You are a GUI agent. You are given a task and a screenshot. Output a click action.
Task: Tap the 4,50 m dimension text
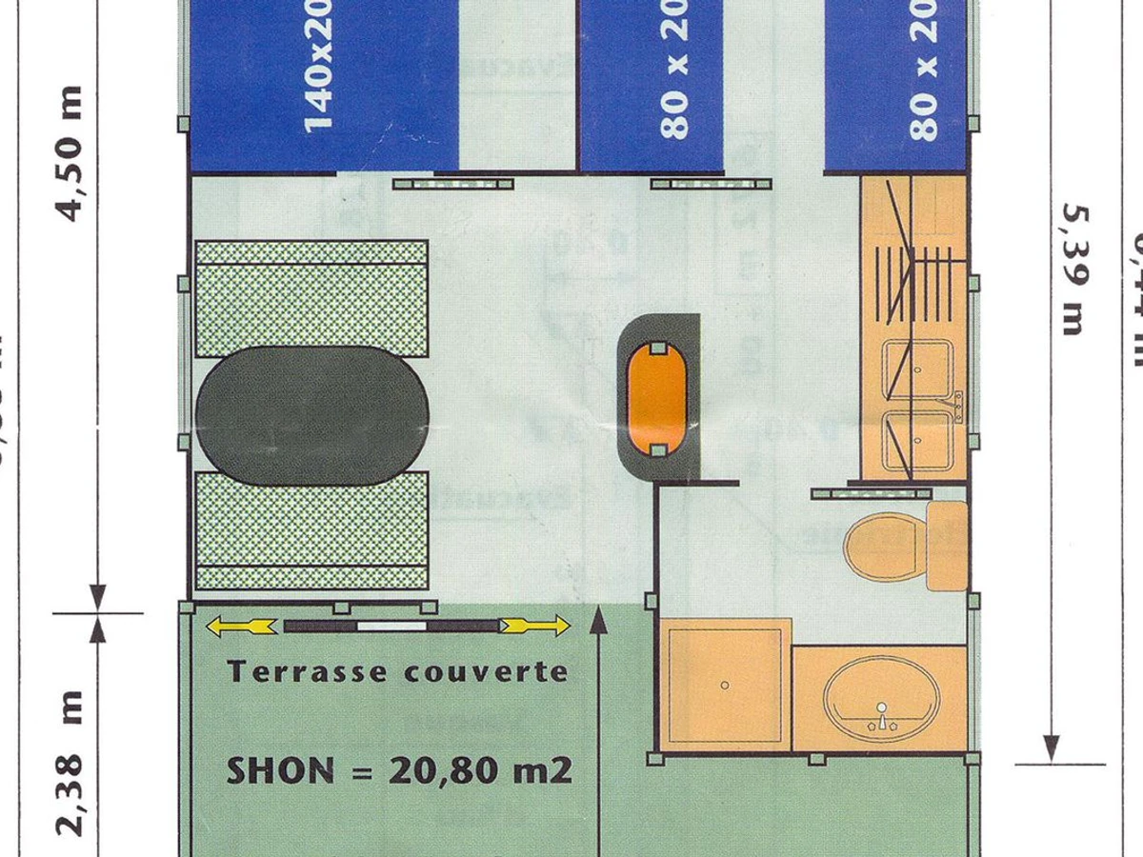(72, 152)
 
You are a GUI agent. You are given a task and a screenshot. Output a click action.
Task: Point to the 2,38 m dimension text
(72, 762)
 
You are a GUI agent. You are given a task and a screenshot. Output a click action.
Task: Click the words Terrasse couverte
(397, 671)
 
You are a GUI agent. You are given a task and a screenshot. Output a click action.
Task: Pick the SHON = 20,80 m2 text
(399, 769)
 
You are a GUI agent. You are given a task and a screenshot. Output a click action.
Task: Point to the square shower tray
(725, 684)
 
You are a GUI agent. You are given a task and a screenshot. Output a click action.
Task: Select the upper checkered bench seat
(311, 298)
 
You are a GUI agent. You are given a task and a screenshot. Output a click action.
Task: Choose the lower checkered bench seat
(311, 529)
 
